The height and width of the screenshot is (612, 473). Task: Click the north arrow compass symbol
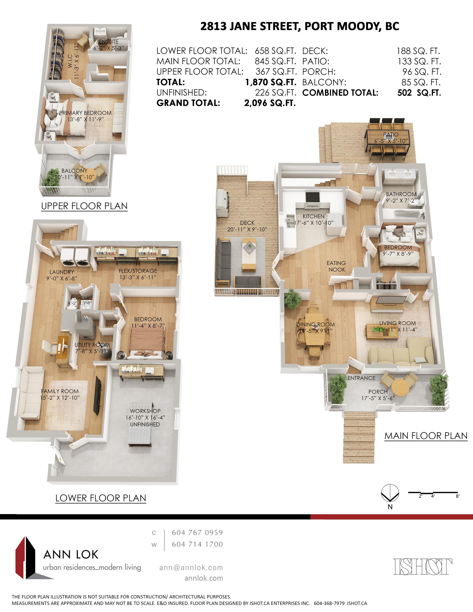390,493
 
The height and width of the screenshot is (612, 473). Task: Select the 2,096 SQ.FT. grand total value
270,103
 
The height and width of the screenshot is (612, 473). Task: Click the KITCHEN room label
313,216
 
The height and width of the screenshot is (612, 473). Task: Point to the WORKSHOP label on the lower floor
145,411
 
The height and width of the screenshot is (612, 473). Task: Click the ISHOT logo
423,566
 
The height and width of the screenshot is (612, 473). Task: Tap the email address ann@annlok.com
191,567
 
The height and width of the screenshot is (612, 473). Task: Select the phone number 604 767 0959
197,532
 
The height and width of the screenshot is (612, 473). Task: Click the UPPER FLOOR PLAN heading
84,206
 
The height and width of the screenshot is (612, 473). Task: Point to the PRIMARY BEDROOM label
86,113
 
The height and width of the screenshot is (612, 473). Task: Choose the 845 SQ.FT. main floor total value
275,61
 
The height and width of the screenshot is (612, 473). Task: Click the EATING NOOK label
336,266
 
